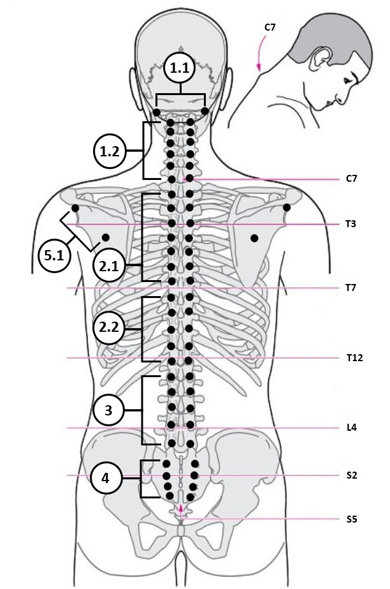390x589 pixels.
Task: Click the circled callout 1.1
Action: (x=180, y=68)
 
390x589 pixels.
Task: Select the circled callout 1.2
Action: (x=109, y=151)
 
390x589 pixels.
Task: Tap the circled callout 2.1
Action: (x=109, y=266)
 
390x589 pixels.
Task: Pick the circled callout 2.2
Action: (x=109, y=327)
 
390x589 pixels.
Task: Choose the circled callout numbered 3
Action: (x=108, y=410)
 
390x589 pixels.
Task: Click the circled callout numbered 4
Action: (x=106, y=478)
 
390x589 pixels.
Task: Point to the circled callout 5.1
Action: (x=55, y=256)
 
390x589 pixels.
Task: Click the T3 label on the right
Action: (x=350, y=224)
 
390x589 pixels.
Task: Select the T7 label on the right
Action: (x=350, y=288)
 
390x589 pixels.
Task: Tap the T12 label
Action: (x=354, y=357)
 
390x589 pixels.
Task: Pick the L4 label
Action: (x=351, y=428)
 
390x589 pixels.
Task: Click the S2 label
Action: (x=351, y=475)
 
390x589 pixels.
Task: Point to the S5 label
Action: (x=351, y=519)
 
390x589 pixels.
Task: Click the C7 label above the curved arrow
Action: (x=270, y=27)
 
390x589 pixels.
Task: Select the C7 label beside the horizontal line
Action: (x=351, y=179)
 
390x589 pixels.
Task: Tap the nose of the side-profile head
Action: (x=342, y=99)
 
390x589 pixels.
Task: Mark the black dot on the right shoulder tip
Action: (x=287, y=207)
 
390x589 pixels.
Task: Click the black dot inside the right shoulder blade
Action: (x=254, y=238)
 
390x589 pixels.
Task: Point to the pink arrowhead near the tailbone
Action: (x=182, y=508)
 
